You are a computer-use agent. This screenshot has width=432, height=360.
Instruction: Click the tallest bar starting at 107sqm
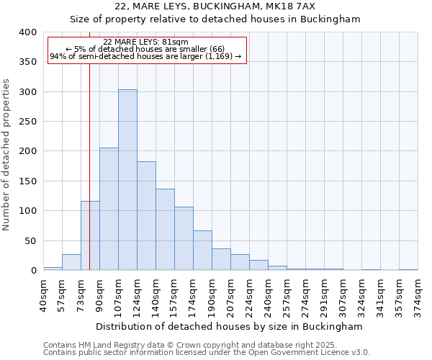pos(127,180)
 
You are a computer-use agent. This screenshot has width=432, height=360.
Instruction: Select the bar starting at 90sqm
pos(109,209)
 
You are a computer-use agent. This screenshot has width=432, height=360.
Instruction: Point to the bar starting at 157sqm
pos(184,238)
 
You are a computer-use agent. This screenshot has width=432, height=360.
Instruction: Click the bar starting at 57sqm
pos(71,262)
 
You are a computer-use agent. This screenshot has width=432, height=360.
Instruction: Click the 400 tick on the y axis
pos(27,32)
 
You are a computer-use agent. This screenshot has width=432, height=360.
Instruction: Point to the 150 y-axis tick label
pos(27,181)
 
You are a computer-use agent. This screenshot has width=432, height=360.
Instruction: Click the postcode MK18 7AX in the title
pos(322,6)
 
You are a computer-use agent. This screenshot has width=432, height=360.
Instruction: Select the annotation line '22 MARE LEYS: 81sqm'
pos(146,42)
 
